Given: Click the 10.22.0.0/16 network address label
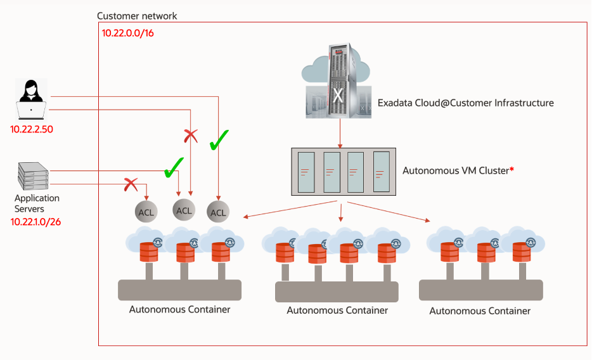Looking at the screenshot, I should click(128, 32).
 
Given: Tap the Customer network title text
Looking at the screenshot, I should click(137, 15).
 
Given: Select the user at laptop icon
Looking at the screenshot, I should click(31, 101).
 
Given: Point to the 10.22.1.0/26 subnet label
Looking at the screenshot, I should click(35, 222).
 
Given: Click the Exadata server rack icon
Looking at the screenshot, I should click(338, 82).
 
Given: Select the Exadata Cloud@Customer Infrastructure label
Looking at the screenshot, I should click(465, 103).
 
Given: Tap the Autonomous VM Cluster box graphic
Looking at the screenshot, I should click(343, 172).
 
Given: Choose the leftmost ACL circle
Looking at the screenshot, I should click(146, 212).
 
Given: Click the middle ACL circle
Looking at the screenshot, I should click(184, 210).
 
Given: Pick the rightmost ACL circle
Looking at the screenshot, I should click(218, 212).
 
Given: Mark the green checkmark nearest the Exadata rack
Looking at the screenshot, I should click(218, 141).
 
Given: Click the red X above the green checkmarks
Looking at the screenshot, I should click(191, 135).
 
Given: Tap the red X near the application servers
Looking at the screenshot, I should click(131, 184).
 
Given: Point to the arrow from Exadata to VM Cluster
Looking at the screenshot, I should click(341, 134).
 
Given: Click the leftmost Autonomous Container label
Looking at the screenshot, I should click(179, 309).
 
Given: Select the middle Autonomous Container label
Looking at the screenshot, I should click(337, 311).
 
